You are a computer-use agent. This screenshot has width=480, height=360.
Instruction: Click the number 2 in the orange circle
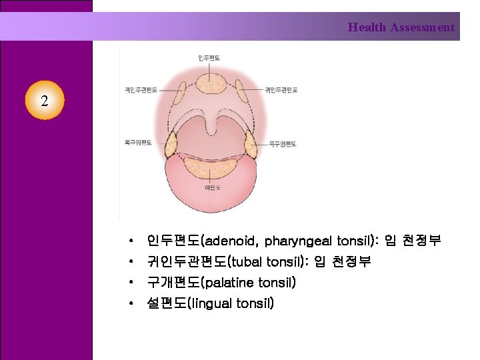[44, 102]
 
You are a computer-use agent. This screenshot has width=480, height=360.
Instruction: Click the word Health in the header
[367, 27]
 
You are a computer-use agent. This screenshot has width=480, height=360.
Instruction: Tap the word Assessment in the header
[423, 27]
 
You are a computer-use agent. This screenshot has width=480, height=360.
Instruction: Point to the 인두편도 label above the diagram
[210, 59]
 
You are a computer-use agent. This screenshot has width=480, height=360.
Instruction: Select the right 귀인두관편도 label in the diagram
[281, 89]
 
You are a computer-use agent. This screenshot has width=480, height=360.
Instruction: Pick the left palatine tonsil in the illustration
[171, 143]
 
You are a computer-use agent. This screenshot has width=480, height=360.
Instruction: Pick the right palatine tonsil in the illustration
[250, 143]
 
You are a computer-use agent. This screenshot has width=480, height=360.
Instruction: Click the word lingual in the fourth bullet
[211, 304]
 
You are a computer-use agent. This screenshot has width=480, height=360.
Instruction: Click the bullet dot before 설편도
[133, 304]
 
